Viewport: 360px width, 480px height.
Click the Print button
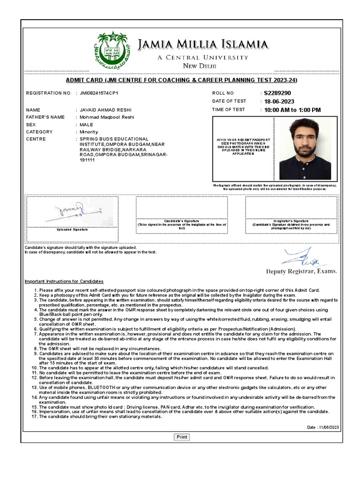click(182, 437)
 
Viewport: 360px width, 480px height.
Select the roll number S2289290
click(277, 93)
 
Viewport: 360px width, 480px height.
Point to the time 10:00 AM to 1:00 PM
click(292, 110)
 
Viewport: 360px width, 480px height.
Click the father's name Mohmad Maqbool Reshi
click(106, 117)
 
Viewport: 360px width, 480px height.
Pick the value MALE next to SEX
click(86, 125)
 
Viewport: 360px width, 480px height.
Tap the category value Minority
click(89, 132)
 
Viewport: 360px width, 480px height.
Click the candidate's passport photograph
click(305, 148)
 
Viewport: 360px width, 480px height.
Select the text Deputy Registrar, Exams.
click(301, 271)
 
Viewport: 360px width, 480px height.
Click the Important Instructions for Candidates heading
click(64, 281)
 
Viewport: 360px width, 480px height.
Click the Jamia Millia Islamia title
click(203, 45)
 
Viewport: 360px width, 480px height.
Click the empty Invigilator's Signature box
click(291, 207)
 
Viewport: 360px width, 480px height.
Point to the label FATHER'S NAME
click(45, 117)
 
